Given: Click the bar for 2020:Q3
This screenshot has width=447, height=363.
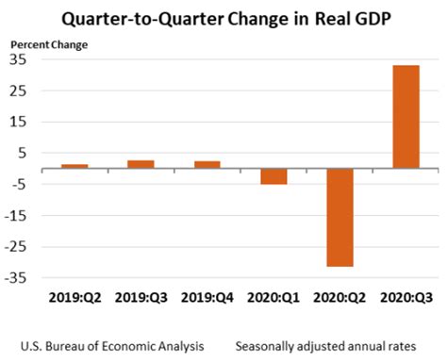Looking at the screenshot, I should point(406,117).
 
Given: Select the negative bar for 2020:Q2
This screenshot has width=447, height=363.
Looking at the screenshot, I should point(339,218).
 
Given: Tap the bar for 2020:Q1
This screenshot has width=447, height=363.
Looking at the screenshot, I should point(273,176).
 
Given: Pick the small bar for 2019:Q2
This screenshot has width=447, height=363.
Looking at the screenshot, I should point(74,166).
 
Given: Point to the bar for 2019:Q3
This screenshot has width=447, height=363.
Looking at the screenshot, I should point(141,164).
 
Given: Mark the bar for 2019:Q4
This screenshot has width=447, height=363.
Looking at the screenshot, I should point(207,164).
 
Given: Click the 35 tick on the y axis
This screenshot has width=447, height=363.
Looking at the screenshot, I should point(18,59).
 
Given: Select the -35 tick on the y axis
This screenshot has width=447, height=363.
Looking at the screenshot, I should point(16,278).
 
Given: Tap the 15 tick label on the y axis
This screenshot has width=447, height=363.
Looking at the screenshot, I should point(18,122).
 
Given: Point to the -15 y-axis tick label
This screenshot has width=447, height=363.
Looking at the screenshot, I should point(16,216).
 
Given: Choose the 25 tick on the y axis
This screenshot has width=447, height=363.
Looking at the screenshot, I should point(18,91).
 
